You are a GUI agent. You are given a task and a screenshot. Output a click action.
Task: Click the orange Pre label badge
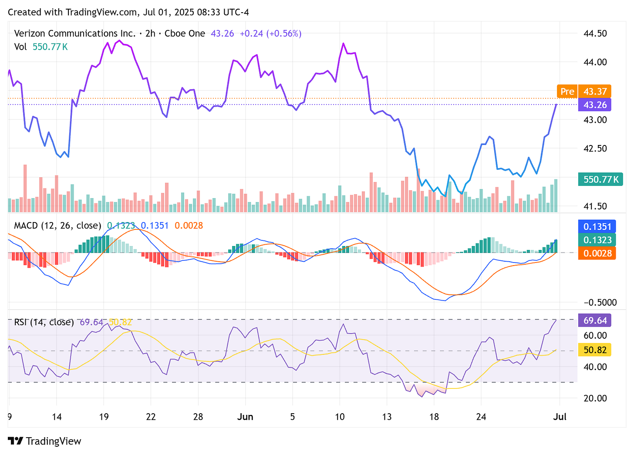tap(567, 91)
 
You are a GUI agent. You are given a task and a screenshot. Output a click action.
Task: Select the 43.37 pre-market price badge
tap(595, 91)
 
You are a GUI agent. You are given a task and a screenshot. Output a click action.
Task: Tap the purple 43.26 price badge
tap(595, 105)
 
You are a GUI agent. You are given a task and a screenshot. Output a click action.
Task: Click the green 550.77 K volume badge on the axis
tap(600, 179)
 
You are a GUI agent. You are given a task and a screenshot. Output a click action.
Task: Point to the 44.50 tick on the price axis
tap(595, 34)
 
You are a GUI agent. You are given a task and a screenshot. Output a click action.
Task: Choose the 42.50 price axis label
tap(595, 148)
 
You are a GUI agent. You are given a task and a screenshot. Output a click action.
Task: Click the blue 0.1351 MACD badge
tap(597, 226)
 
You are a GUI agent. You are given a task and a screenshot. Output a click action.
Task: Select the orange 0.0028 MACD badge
tap(597, 253)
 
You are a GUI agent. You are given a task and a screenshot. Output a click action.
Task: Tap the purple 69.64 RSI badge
tap(595, 320)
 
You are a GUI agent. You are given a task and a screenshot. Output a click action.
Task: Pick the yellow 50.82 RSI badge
tap(595, 350)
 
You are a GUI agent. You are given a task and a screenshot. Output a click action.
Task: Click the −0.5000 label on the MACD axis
tap(600, 303)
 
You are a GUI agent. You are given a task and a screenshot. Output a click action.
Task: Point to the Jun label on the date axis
tap(245, 417)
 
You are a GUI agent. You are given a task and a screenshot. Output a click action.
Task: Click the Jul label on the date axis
tap(560, 417)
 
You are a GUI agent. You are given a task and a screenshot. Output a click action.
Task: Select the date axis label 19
tap(104, 417)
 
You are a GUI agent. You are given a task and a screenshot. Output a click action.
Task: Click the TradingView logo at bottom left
tap(44, 441)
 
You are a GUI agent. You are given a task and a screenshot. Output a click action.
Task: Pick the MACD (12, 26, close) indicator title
tap(57, 226)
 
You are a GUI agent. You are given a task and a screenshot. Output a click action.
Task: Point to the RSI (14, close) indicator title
tap(44, 322)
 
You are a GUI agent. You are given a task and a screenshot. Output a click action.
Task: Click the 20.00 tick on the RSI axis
tap(595, 398)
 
